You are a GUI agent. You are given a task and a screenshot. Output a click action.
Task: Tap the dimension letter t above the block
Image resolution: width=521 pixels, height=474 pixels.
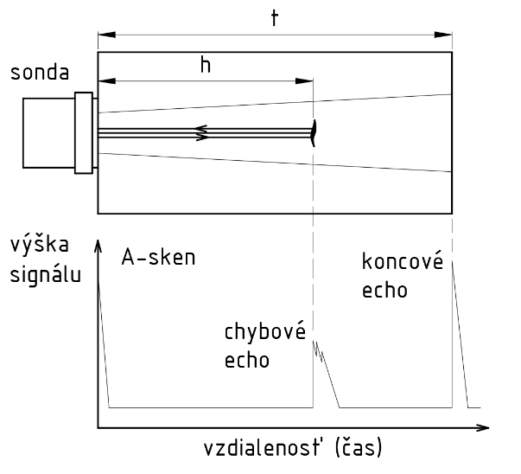coord(274,19)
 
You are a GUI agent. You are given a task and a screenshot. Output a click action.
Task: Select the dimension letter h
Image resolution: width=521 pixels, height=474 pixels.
coord(204,66)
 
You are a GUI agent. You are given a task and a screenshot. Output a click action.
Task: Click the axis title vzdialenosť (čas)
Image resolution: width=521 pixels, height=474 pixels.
coord(293,450)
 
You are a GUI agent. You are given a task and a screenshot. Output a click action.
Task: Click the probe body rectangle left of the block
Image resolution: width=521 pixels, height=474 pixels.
coord(48,132)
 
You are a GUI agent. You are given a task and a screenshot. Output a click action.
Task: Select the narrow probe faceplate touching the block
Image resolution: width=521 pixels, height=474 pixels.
coord(84,132)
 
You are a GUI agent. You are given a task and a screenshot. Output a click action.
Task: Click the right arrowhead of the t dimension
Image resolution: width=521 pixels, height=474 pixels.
coord(444,35)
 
